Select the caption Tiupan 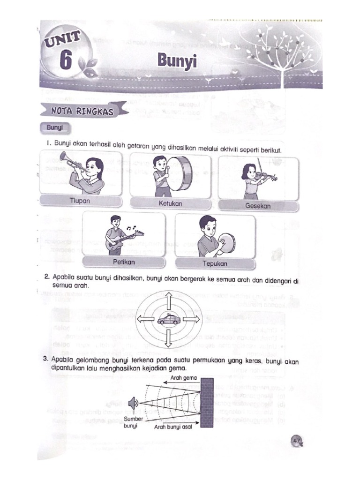tap(80, 201)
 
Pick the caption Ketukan tap(170, 203)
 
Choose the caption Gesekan tap(258, 205)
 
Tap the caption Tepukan tap(215, 263)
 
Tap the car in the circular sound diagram tap(168, 320)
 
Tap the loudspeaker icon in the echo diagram tap(135, 402)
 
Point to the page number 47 tap(296, 440)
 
